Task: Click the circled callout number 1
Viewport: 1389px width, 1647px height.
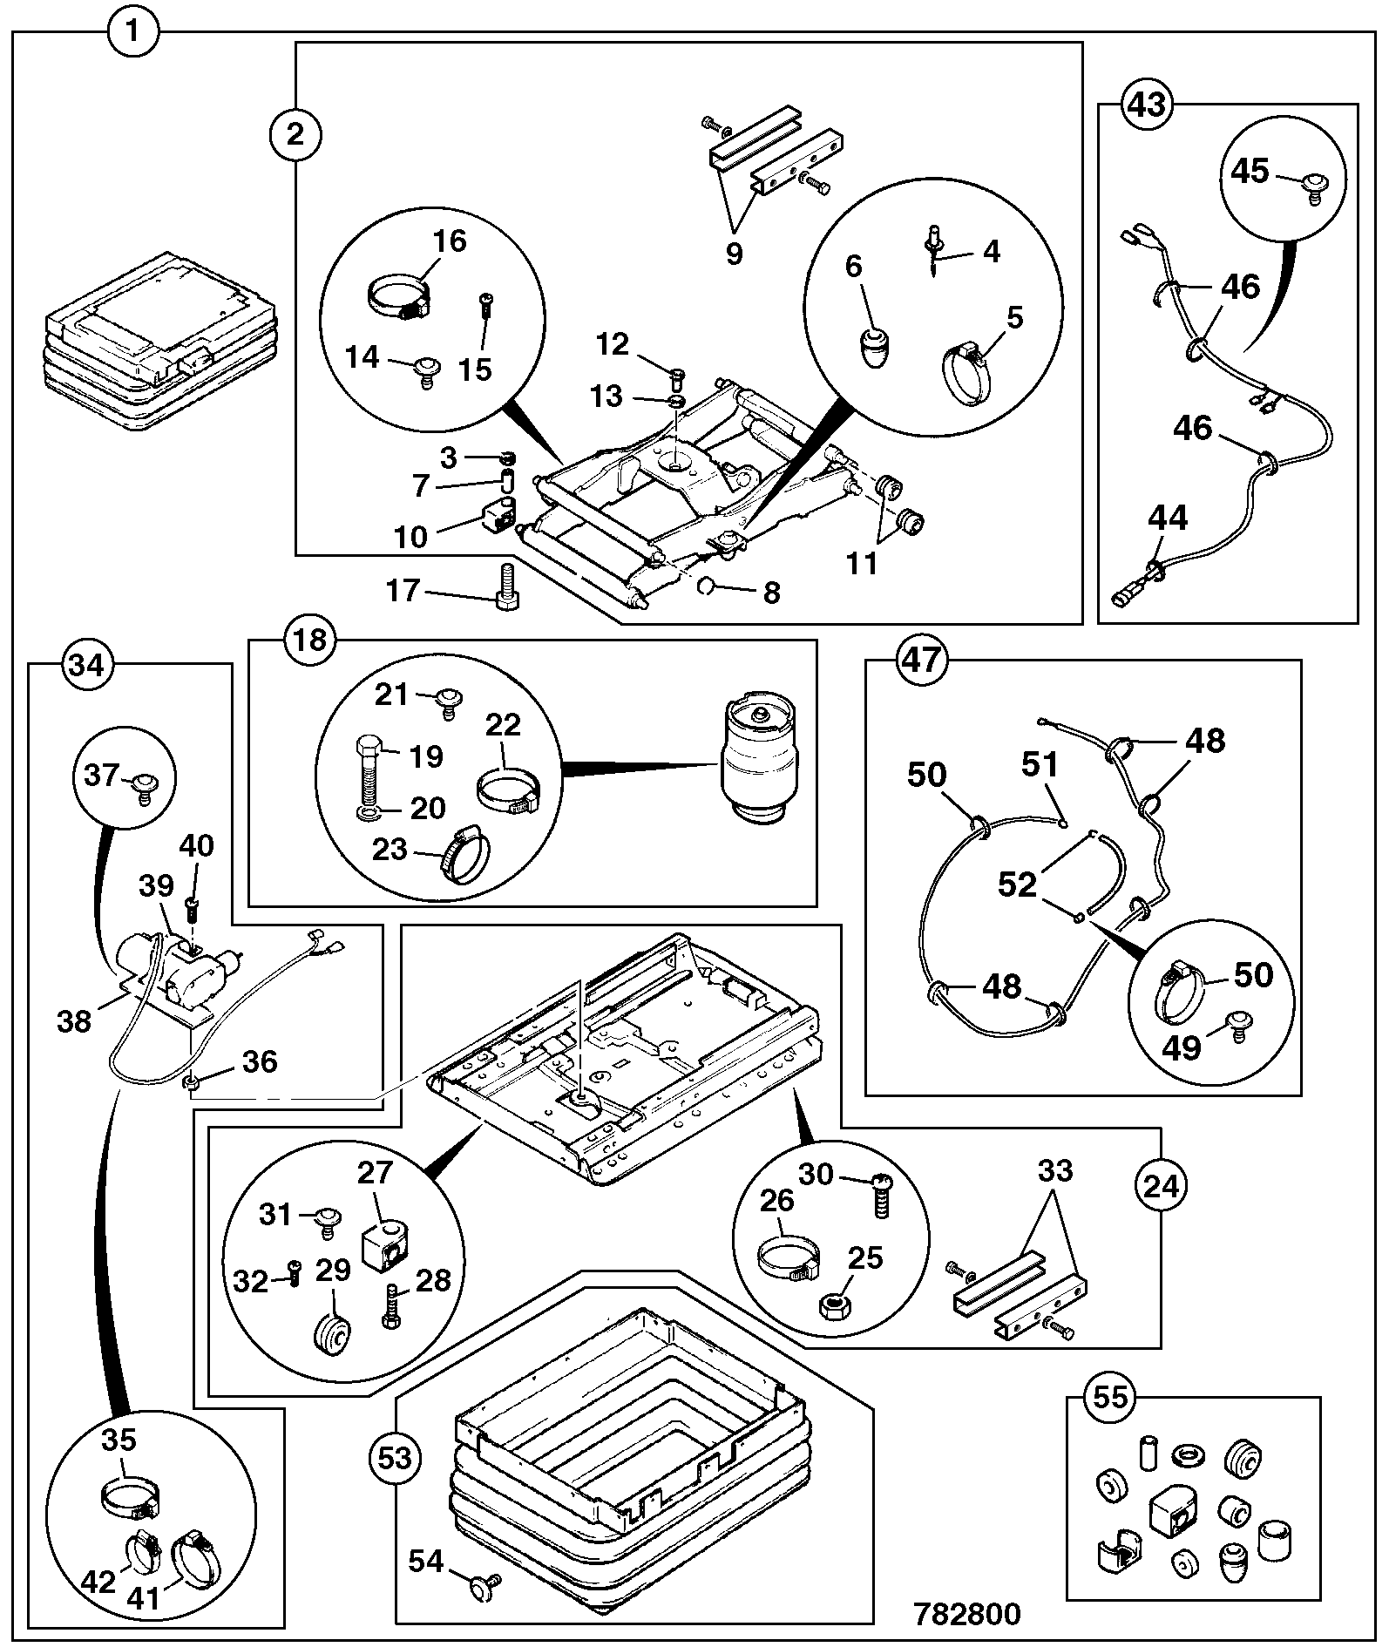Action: click(133, 33)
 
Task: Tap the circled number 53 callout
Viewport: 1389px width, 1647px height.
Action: click(395, 1457)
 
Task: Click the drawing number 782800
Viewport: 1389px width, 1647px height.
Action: click(966, 1614)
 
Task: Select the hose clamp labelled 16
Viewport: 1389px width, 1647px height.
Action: click(397, 299)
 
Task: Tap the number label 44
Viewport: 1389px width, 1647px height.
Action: click(1168, 518)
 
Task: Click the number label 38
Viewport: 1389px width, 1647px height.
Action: click(74, 1020)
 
